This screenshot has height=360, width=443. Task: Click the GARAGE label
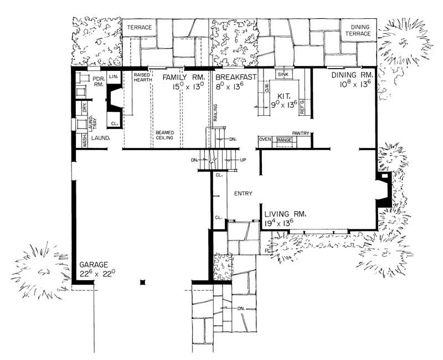point(94,264)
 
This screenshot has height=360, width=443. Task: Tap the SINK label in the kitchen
point(282,74)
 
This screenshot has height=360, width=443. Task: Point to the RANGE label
point(285,140)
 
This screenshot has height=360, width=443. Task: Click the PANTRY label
point(301,133)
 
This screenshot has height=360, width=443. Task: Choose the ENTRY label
point(243,194)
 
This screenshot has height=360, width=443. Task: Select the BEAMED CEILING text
point(164,135)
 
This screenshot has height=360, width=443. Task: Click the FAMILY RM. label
point(184,77)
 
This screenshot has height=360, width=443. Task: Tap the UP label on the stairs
point(242,161)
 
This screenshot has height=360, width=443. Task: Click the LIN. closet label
point(115,76)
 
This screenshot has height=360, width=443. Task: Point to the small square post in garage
point(142,282)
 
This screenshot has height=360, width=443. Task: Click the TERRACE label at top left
point(139,27)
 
